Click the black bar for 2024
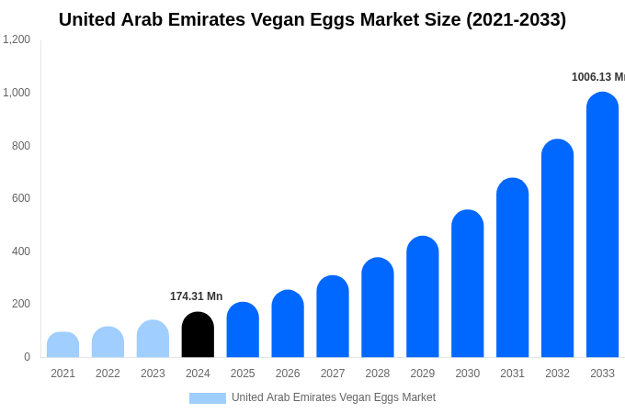[x=198, y=335]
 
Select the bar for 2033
[x=602, y=225]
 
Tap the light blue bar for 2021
[x=62, y=345]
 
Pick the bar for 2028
[x=377, y=307]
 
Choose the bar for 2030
[x=467, y=284]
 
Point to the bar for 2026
[x=288, y=324]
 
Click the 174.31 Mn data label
[x=196, y=296]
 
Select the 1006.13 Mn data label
[x=597, y=77]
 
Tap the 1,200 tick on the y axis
[x=17, y=39]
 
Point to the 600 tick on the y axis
[x=20, y=198]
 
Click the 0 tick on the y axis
[x=27, y=357]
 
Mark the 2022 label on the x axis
[x=108, y=374]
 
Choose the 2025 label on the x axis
[x=243, y=374]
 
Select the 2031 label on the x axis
[x=512, y=374]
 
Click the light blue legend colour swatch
[x=208, y=398]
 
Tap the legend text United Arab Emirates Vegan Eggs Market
[x=334, y=397]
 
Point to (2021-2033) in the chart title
[x=516, y=19]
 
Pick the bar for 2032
[x=557, y=249]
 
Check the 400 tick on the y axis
[x=20, y=251]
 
